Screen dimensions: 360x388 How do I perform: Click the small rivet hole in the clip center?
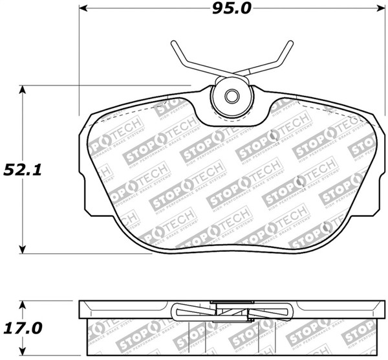[x=231, y=97]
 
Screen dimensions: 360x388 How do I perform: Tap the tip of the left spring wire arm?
[x=173, y=43]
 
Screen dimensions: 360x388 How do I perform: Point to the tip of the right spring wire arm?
[x=288, y=43]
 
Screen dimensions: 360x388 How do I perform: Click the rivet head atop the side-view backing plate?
[x=230, y=302]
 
